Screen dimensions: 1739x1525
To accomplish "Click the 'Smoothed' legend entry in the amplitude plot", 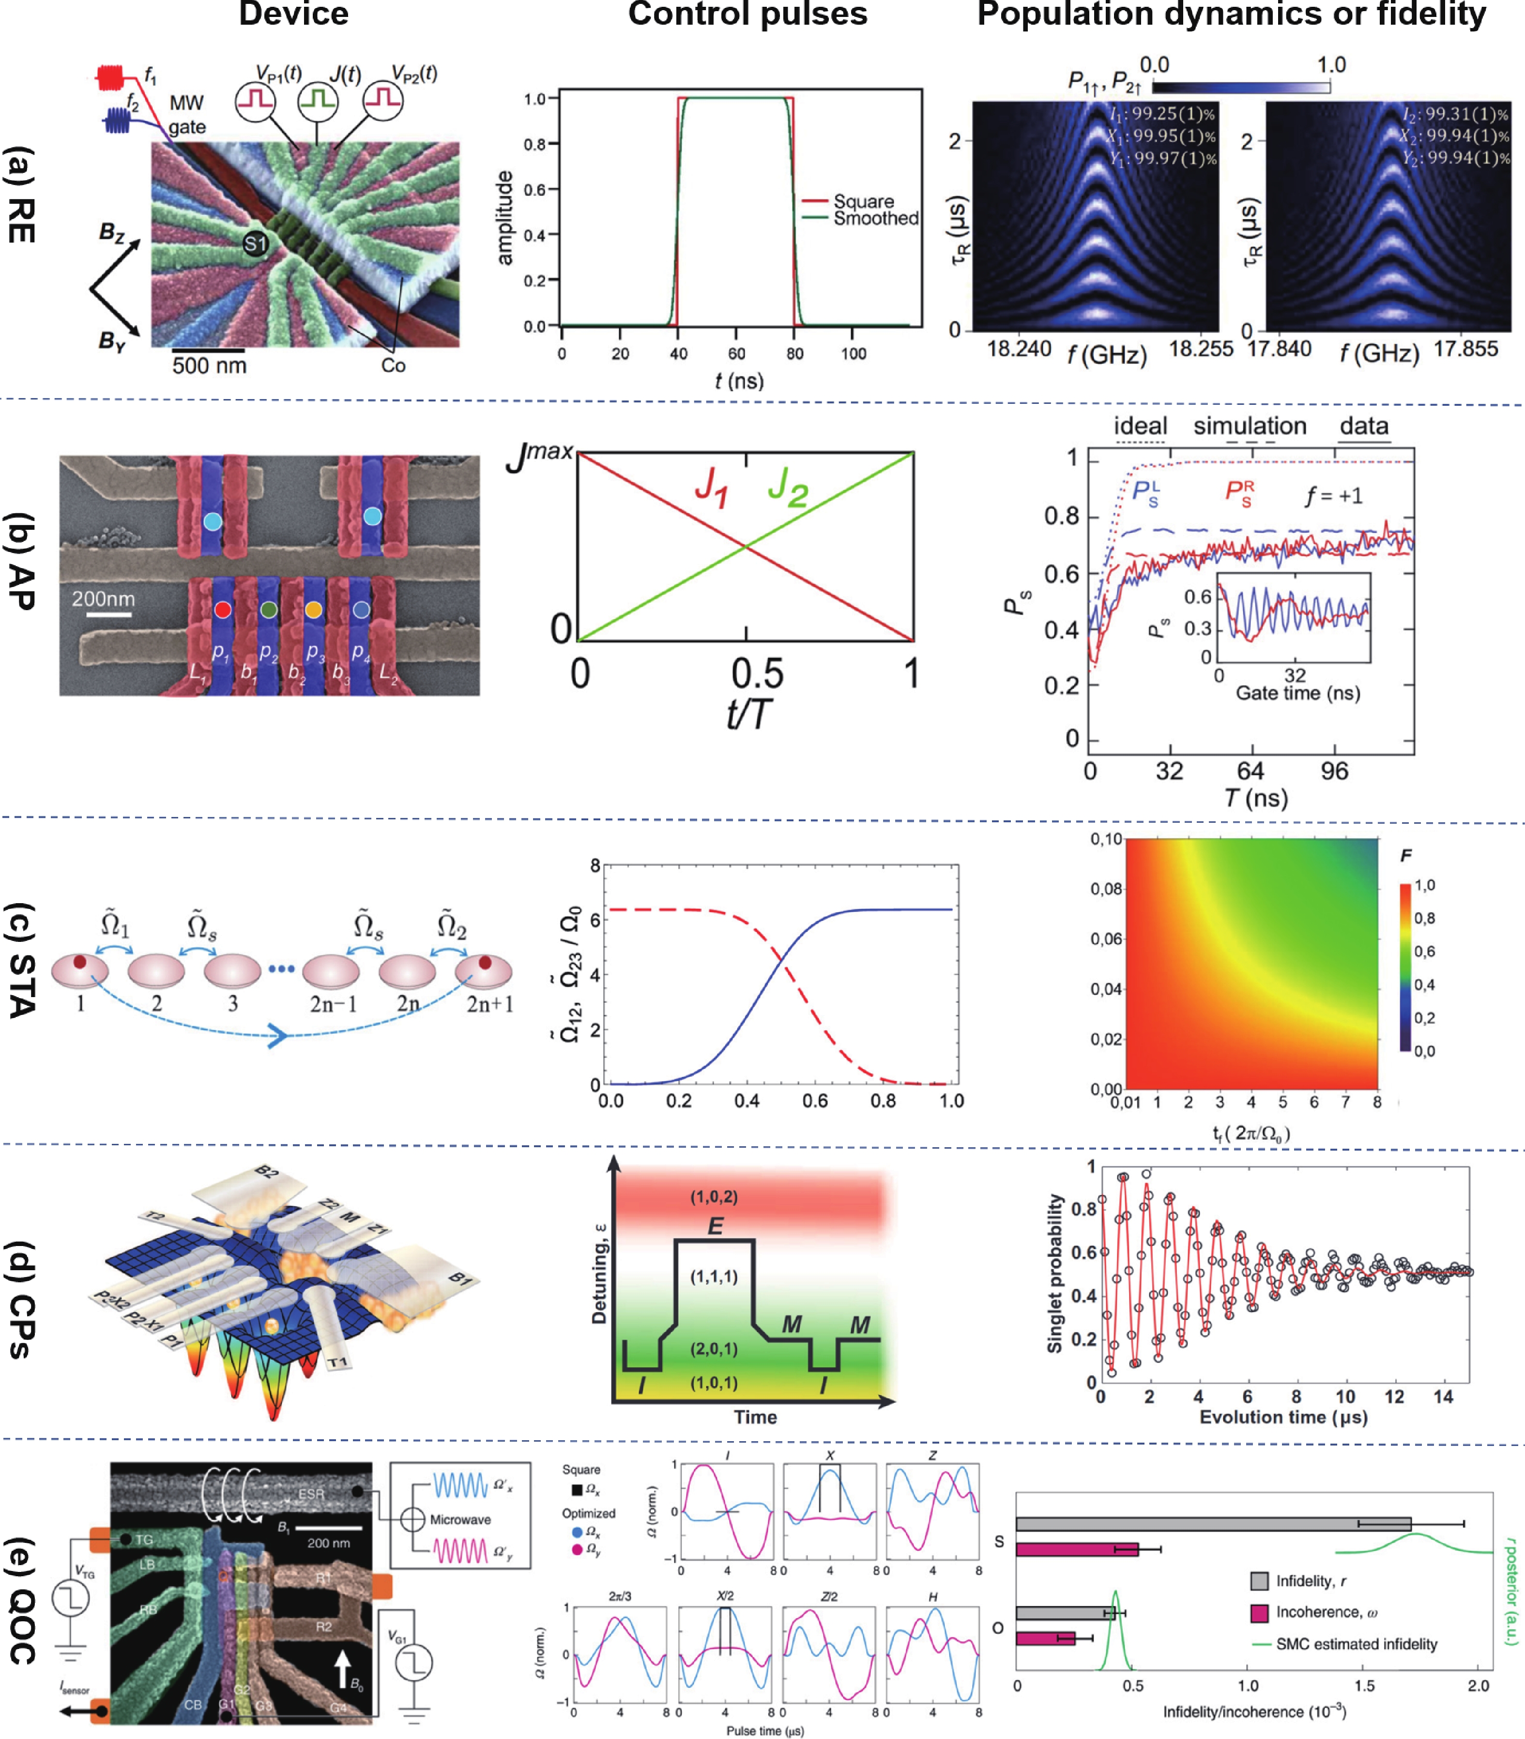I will (875, 219).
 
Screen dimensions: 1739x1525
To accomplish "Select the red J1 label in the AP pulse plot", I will (711, 488).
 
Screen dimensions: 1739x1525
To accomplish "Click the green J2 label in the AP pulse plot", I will (787, 488).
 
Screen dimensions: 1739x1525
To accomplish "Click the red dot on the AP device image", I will (223, 609).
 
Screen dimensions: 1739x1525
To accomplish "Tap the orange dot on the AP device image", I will (313, 609).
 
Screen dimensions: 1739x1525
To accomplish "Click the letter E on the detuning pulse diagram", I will (715, 1226).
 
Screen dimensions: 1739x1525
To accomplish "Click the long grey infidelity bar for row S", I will (1212, 1524).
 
